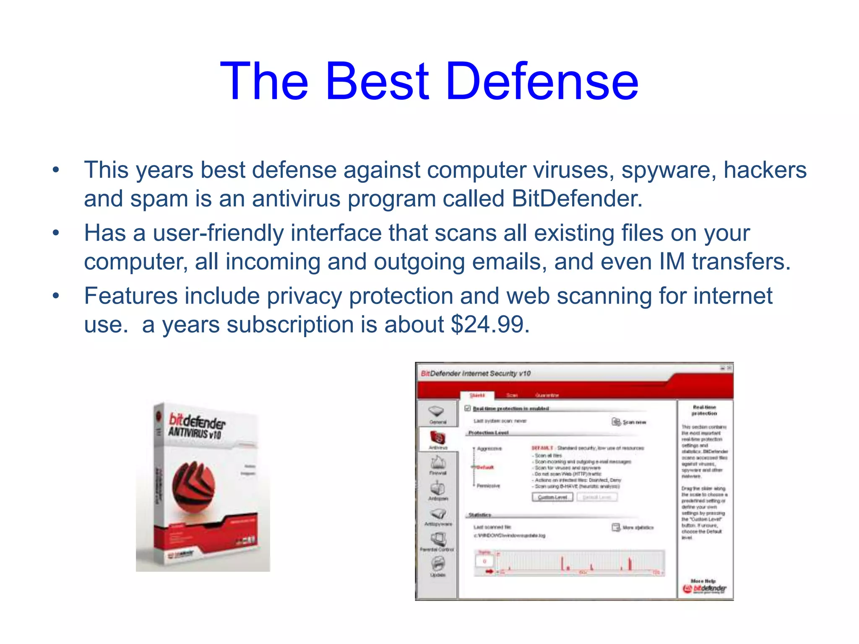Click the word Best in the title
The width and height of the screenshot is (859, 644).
(x=377, y=81)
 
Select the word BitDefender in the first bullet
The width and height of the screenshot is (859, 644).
(x=577, y=198)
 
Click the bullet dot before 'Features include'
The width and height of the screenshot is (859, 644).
(x=56, y=296)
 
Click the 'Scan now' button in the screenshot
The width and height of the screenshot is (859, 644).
(x=629, y=422)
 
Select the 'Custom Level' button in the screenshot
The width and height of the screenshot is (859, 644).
(x=552, y=497)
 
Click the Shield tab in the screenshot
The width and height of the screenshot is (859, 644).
(x=477, y=395)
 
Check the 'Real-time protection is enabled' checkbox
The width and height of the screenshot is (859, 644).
(x=468, y=408)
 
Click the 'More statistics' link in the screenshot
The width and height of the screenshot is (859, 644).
(x=633, y=527)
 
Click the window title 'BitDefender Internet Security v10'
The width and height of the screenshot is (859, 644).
(x=476, y=373)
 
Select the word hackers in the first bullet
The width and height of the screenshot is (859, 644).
(x=765, y=170)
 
